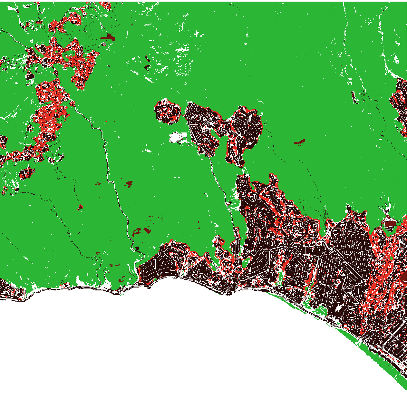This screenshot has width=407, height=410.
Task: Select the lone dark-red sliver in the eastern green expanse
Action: click(300, 142)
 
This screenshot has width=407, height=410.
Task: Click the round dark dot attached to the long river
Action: click(137, 248)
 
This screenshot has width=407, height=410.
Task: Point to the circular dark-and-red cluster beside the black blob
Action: click(167, 112)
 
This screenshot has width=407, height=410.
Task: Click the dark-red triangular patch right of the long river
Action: click(129, 184)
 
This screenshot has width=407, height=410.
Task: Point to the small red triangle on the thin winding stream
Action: click(80, 207)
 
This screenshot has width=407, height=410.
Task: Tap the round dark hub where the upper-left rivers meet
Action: click(44, 62)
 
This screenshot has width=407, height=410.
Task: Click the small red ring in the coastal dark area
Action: click(238, 269)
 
